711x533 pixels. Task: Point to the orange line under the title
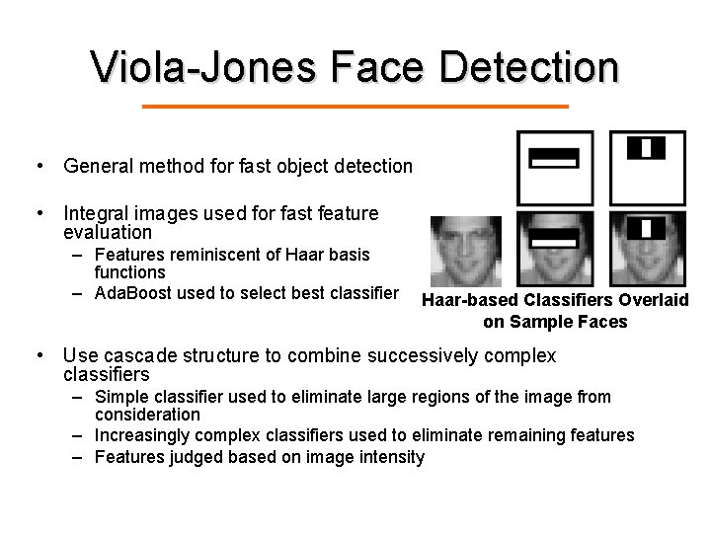355,106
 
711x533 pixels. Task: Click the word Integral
97,212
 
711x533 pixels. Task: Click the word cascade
138,355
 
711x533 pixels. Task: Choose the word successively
422,355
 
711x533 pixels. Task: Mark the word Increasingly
145,435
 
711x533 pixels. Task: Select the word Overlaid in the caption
653,300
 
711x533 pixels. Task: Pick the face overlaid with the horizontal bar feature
555,248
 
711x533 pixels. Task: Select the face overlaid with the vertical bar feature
647,248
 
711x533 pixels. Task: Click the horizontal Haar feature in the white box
554,157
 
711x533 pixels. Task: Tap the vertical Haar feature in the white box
646,149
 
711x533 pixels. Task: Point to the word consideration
147,415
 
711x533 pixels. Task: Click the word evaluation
108,233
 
